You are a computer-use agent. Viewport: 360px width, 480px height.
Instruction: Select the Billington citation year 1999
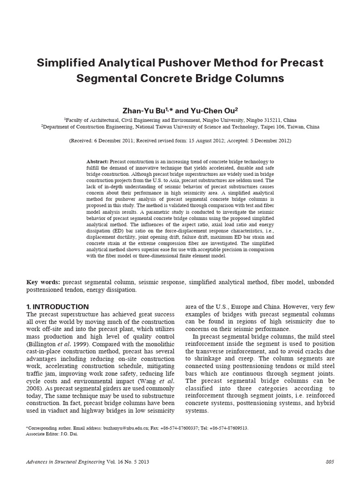(75, 345)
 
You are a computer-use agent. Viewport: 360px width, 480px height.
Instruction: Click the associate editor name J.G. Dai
(67, 434)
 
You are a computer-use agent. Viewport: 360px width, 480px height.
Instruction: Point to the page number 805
(329, 462)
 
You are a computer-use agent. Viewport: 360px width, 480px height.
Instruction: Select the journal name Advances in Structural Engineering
(66, 462)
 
